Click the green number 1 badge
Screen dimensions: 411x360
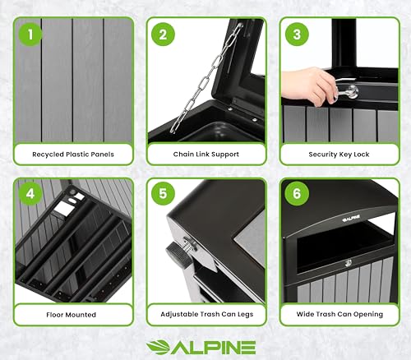pyautogui.click(x=30, y=35)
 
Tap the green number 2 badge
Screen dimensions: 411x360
pyautogui.click(x=163, y=35)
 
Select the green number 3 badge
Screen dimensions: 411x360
pyautogui.click(x=297, y=35)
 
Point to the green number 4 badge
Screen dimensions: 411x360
pyautogui.click(x=30, y=193)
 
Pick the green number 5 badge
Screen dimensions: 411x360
pyautogui.click(x=163, y=193)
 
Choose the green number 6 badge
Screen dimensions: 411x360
pyautogui.click(x=297, y=193)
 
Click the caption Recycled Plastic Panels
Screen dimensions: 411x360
pyautogui.click(x=73, y=155)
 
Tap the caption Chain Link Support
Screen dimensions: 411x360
pyautogui.click(x=206, y=155)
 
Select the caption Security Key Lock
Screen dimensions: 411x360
pyautogui.click(x=339, y=155)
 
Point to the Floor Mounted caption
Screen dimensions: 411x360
pyautogui.click(x=71, y=315)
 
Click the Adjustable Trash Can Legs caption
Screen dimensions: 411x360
pyautogui.click(x=207, y=314)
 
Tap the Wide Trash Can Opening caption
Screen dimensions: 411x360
pyautogui.click(x=339, y=314)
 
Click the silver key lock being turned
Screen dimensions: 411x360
pyautogui.click(x=349, y=92)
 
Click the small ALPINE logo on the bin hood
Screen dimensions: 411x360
pyautogui.click(x=351, y=218)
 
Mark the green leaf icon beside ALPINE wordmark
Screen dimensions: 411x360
pyautogui.click(x=158, y=348)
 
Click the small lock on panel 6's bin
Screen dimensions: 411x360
pyautogui.click(x=349, y=264)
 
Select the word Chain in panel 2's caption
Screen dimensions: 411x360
pyautogui.click(x=183, y=155)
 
